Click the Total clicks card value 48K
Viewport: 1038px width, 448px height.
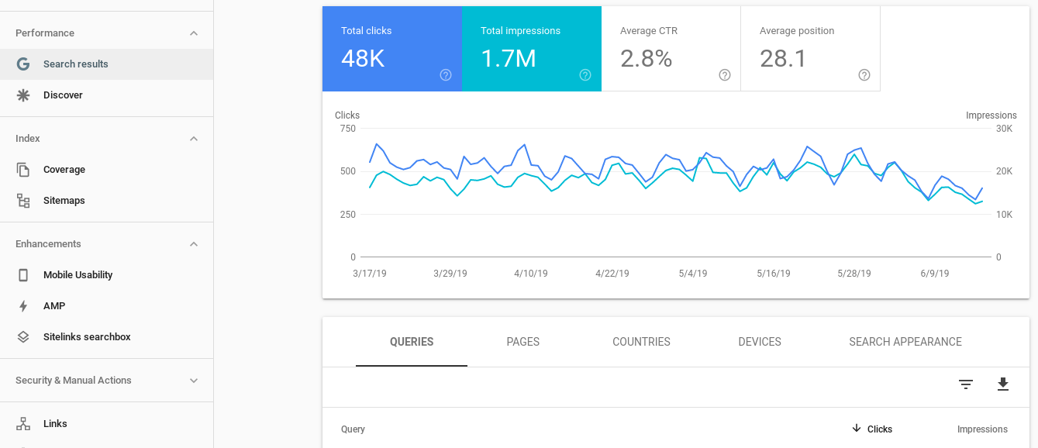click(363, 59)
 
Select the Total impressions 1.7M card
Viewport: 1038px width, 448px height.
click(531, 49)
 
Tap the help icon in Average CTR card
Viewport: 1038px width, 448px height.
click(725, 75)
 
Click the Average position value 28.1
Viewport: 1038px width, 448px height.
click(783, 59)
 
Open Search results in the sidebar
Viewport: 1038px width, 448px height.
click(75, 64)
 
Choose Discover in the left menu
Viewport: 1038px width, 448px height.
click(63, 95)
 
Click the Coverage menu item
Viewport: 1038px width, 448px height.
click(64, 170)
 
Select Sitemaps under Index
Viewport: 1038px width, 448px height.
click(64, 201)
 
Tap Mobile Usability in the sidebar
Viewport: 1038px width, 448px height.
click(78, 275)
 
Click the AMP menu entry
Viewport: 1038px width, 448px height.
click(54, 306)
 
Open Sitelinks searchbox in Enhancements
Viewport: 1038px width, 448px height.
click(87, 337)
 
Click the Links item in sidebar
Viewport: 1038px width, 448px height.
click(55, 424)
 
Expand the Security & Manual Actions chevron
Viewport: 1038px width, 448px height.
click(194, 381)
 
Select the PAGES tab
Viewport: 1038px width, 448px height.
click(522, 342)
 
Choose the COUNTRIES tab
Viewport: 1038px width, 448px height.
click(641, 342)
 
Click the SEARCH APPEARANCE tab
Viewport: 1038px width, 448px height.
click(905, 342)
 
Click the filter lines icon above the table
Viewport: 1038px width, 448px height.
click(965, 384)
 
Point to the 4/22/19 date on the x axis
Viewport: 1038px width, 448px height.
click(612, 274)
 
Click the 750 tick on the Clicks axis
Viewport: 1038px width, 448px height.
click(347, 129)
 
